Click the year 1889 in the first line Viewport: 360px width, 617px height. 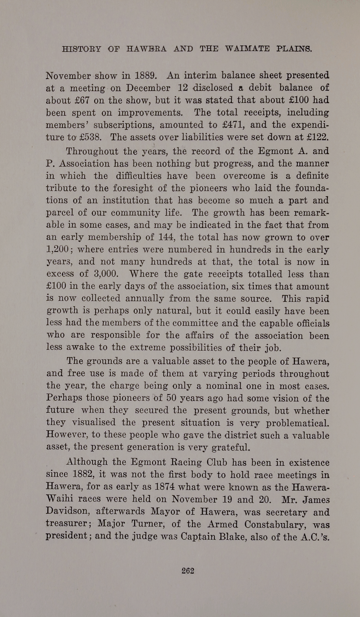click(x=145, y=76)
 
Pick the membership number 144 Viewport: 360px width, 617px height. click(x=167, y=237)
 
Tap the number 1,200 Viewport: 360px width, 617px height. click(x=58, y=250)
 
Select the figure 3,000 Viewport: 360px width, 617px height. click(x=106, y=274)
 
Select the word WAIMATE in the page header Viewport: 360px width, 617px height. click(x=247, y=49)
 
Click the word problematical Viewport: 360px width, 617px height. click(x=297, y=423)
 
